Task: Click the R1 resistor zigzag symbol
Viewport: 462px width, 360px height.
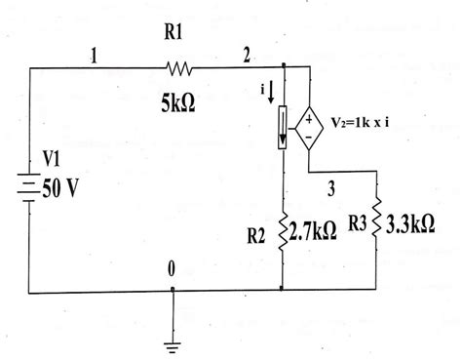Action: pyautogui.click(x=181, y=68)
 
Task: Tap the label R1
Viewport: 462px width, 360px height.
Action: pyautogui.click(x=176, y=35)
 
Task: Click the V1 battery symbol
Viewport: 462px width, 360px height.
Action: pyautogui.click(x=29, y=188)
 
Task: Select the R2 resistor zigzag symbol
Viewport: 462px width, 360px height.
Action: pyautogui.click(x=283, y=231)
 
